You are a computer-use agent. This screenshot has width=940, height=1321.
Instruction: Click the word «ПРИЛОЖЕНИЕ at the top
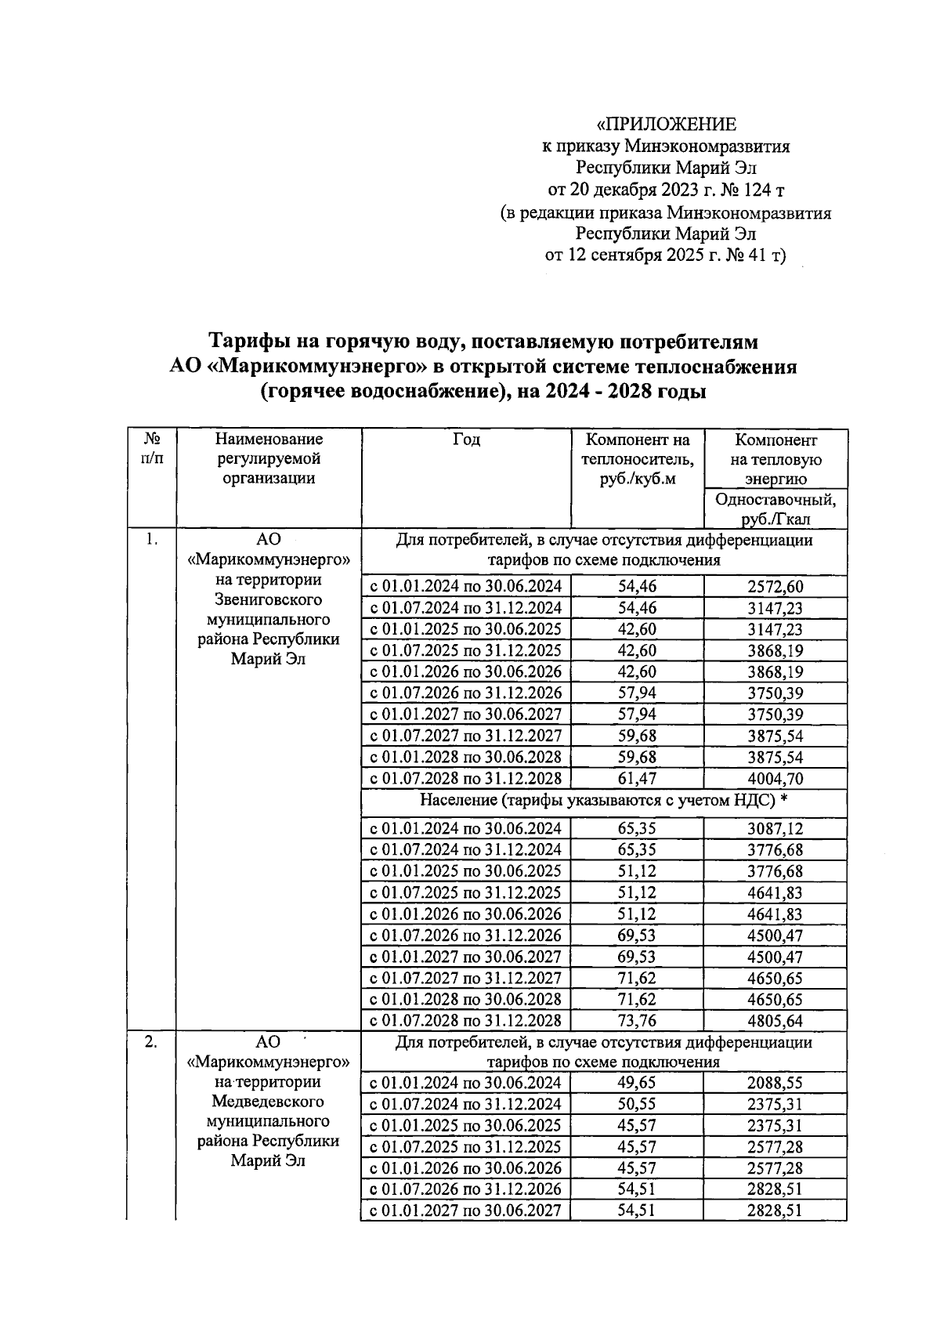(666, 124)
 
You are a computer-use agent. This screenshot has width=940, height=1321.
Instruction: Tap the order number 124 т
(741, 190)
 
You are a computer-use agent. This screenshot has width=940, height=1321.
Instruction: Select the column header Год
(466, 440)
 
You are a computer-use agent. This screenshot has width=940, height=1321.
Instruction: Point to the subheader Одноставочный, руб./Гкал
(774, 508)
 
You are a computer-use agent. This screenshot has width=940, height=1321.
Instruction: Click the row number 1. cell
(152, 539)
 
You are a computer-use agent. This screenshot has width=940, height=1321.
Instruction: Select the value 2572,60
(775, 587)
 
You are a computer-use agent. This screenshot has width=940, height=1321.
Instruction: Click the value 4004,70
(775, 779)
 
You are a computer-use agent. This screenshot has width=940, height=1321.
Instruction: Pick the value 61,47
(637, 779)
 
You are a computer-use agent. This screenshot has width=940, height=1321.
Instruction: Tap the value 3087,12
(775, 829)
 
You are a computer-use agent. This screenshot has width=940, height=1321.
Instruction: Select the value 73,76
(637, 1021)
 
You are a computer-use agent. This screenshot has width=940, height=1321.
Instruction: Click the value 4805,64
(775, 1021)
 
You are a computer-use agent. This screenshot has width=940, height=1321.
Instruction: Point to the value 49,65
(637, 1084)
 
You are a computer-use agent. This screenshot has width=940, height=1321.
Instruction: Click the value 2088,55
(775, 1084)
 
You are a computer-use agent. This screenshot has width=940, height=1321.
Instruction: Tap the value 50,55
(637, 1105)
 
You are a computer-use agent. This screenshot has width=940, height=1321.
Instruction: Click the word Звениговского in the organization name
(268, 600)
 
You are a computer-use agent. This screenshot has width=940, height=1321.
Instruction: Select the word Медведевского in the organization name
(268, 1102)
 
